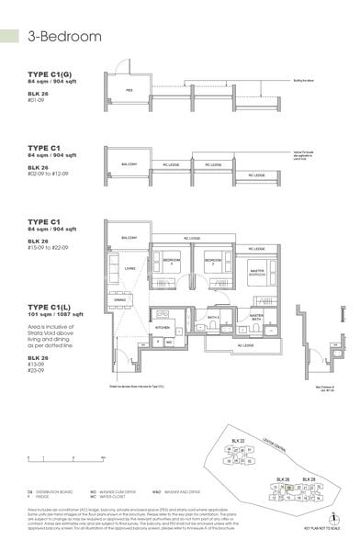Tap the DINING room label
coord(119,299)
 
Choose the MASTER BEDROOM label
coord(256,274)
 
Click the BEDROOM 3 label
coord(172,262)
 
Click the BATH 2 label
coord(212,318)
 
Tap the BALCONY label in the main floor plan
coord(128,238)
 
